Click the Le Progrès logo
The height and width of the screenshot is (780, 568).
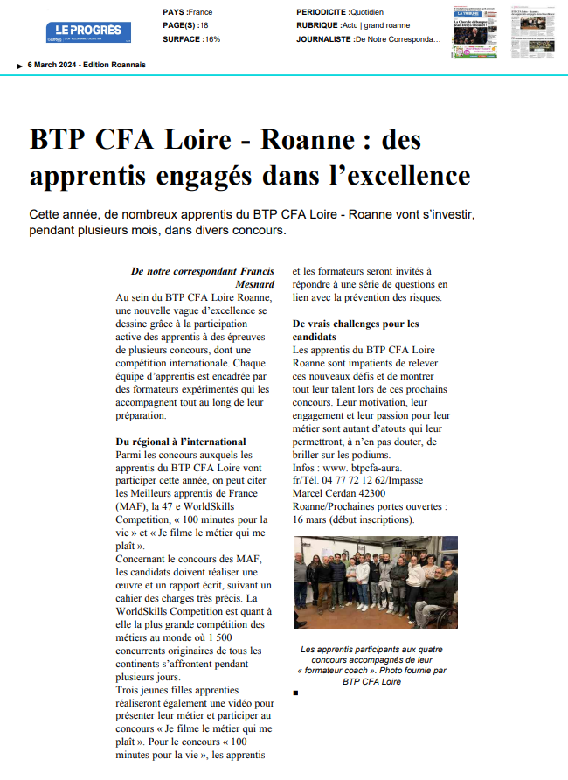click(x=88, y=32)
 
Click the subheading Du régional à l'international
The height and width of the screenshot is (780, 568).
click(x=181, y=442)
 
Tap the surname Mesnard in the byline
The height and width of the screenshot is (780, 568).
click(x=255, y=284)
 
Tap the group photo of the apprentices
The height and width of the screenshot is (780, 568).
click(x=363, y=582)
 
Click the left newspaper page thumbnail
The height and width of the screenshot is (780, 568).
click(x=474, y=31)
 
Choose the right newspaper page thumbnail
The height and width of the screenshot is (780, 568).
click(x=531, y=31)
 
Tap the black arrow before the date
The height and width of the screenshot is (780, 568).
click(x=20, y=66)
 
